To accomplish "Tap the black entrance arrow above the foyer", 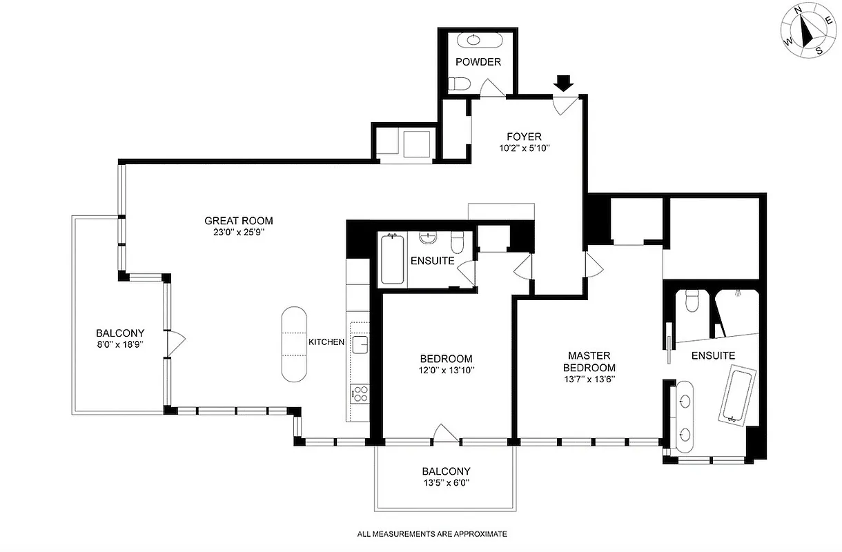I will [564, 83].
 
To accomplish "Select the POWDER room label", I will [478, 62].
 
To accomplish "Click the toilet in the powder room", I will [459, 84].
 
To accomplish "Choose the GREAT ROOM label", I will [239, 221].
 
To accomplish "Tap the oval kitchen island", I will [294, 343].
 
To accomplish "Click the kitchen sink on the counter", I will [360, 344].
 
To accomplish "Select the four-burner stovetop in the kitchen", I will [360, 394].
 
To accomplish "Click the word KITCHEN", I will [326, 342].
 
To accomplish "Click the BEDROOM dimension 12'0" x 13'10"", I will [447, 371].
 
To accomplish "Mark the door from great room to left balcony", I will [175, 339].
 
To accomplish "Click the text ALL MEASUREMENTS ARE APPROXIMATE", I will [432, 534].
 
